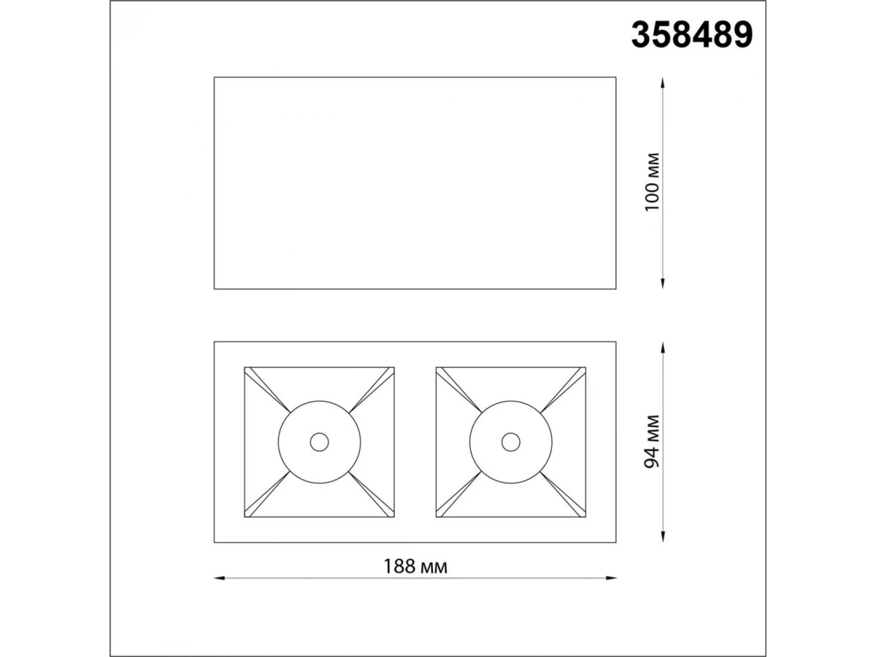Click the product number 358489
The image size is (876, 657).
click(691, 35)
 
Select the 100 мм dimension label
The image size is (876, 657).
click(653, 182)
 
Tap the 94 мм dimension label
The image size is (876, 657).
click(653, 442)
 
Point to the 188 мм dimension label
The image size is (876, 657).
click(415, 566)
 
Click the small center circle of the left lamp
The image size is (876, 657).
click(319, 442)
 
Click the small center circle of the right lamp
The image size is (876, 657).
click(511, 442)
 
